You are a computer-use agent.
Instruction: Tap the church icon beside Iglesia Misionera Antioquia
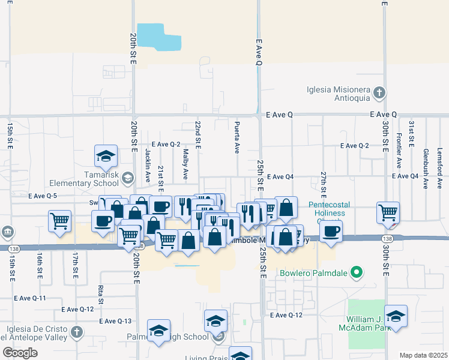379,92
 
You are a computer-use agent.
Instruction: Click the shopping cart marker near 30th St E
388,212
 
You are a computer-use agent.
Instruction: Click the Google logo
20,353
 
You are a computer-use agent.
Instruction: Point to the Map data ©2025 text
423,355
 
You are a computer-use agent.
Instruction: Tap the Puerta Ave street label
237,137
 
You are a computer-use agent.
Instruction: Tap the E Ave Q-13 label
115,321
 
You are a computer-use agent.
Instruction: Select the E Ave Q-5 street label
43,196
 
